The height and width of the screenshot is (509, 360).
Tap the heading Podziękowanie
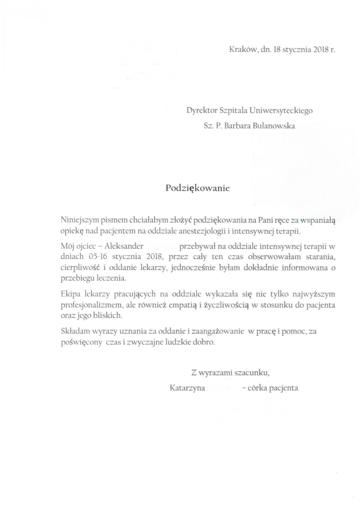[x=197, y=188]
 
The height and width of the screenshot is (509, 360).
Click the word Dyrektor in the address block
[x=200, y=111]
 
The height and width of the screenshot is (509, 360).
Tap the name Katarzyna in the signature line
[x=187, y=388]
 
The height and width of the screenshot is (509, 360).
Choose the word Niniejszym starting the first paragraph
[x=79, y=221]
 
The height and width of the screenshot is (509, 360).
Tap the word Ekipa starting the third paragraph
[x=70, y=295]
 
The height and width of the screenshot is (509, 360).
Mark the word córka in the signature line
[x=256, y=388]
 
